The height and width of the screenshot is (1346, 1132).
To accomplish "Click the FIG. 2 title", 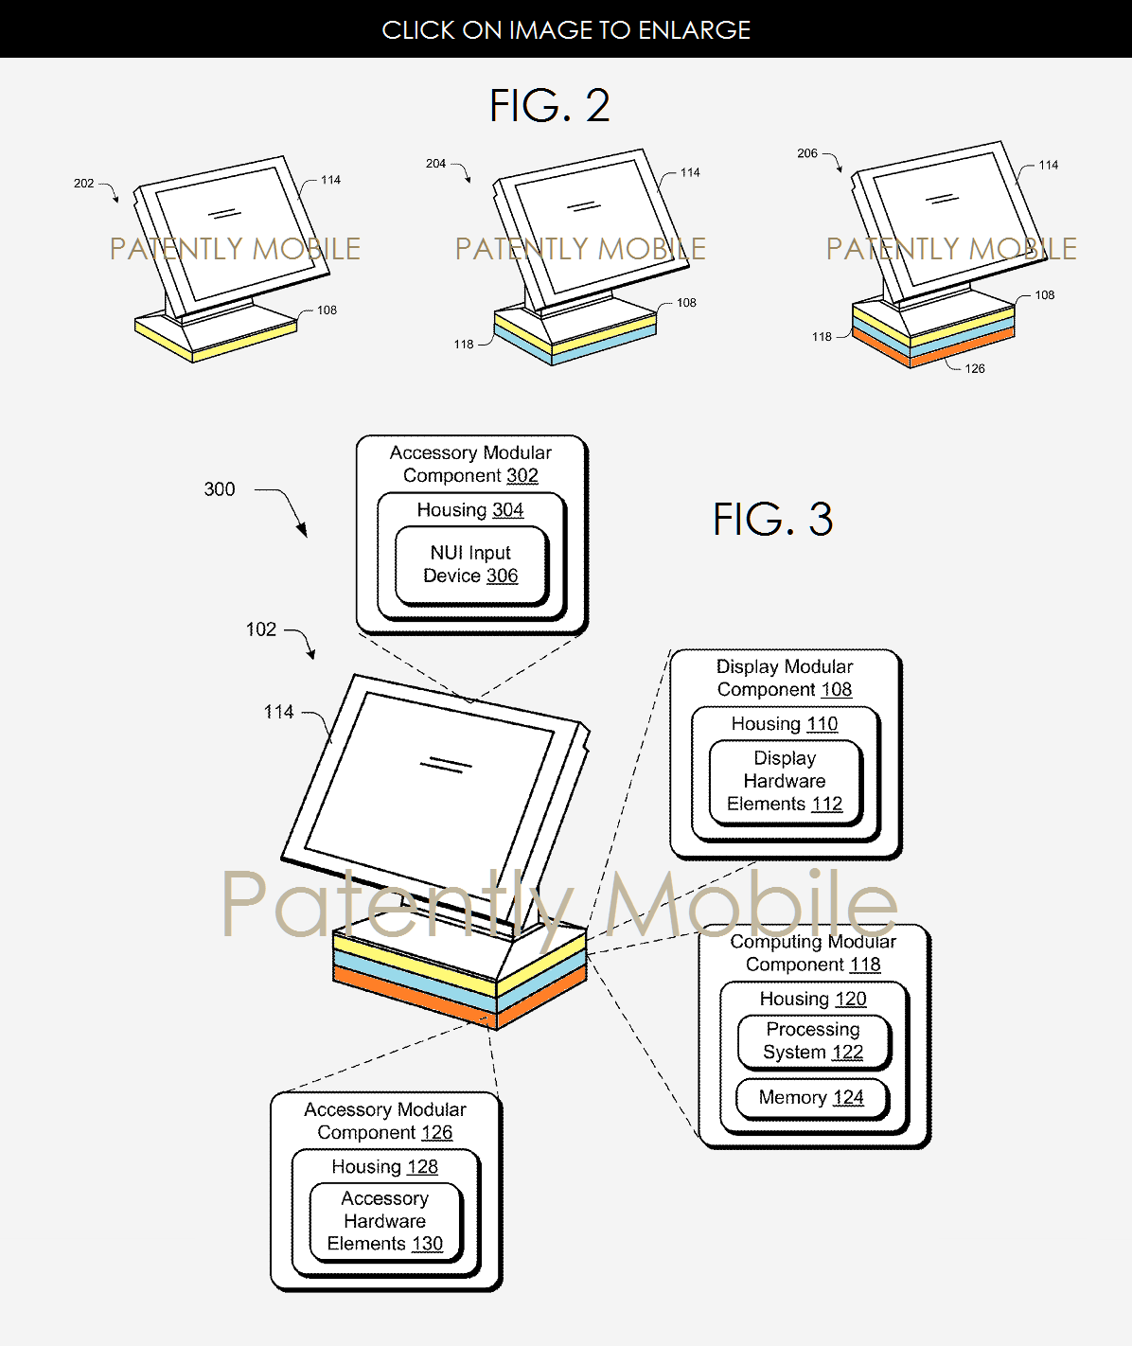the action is pos(549,106).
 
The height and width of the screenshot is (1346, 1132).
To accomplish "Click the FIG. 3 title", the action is pos(772,519).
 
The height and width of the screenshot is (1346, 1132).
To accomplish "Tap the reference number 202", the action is pos(84,183).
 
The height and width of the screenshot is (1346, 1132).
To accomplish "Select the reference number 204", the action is pos(435,163).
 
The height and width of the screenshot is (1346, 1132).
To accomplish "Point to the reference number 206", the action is pos(807,152).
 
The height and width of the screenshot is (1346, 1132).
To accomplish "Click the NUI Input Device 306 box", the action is pos(471,565).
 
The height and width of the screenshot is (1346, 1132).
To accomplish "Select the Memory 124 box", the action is pos(811,1098).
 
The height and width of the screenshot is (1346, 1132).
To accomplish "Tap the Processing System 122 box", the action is pos(814,1040).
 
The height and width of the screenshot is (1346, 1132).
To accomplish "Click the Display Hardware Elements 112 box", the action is pos(786,781).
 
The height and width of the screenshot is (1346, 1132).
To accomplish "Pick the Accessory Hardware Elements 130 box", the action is pos(385,1222).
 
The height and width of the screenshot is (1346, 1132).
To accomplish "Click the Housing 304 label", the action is pos(470,510).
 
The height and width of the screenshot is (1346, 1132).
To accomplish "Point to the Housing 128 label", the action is pos(385,1167).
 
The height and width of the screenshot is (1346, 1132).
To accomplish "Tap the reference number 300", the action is pos(220,489).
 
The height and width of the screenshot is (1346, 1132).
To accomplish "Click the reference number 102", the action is pos(261,629).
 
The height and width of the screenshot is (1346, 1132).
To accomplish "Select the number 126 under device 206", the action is pos(975,369).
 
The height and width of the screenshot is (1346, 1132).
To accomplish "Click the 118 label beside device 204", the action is pos(464,345).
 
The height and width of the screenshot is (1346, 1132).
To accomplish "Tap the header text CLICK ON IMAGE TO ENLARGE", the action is pos(566,29).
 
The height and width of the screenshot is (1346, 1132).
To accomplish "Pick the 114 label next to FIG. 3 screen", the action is pos(278,712).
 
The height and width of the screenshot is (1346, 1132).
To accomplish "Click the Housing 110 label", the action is pos(785,724).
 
